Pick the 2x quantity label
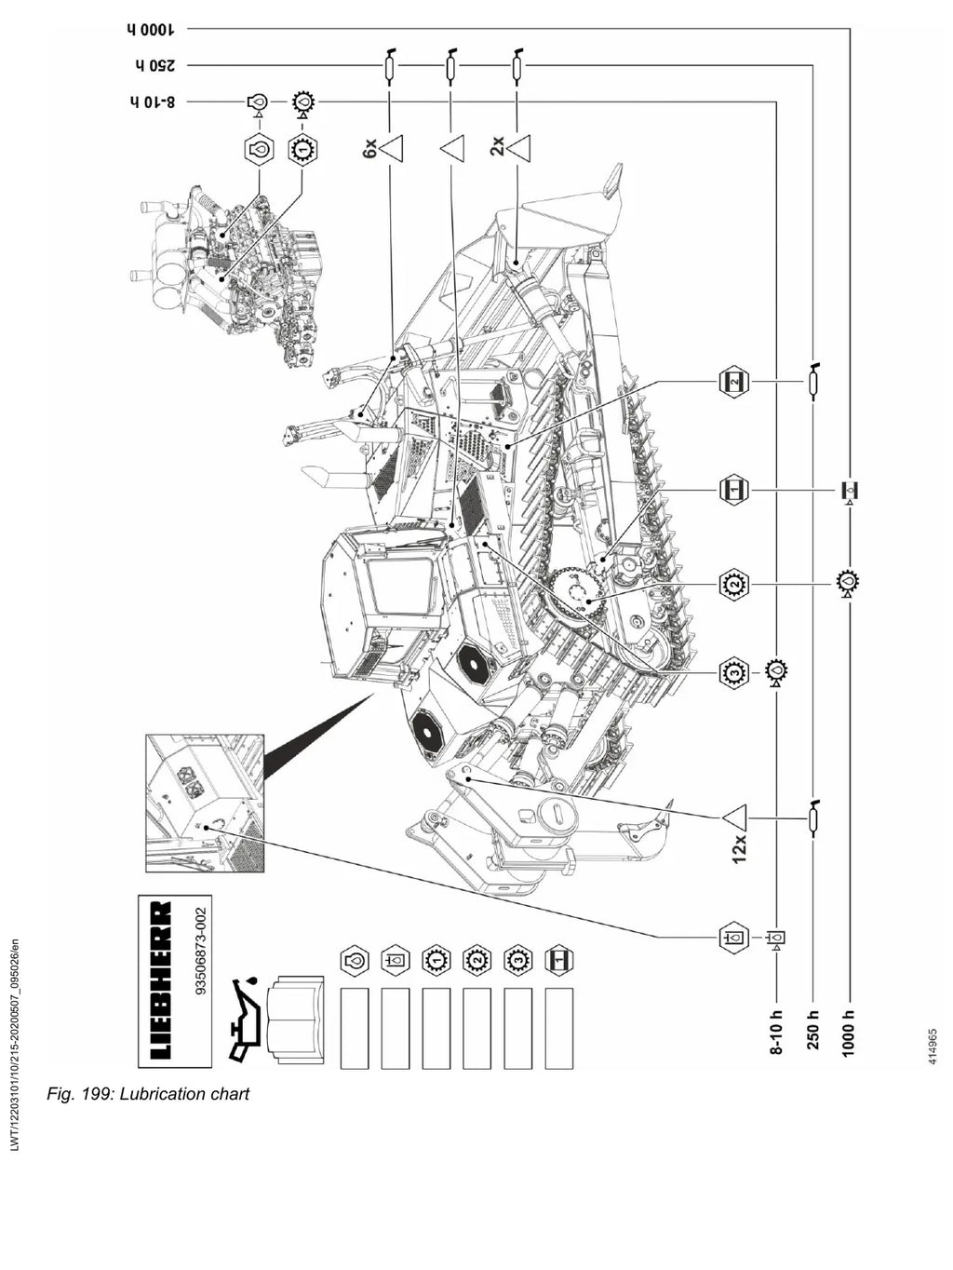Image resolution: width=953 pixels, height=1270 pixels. click(x=497, y=146)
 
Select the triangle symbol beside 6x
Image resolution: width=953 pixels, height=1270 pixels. click(x=392, y=149)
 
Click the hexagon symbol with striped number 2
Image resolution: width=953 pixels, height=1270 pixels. click(x=734, y=382)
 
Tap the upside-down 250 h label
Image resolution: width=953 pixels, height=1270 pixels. click(x=154, y=65)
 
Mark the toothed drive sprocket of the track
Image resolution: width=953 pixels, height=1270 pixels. click(x=574, y=598)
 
